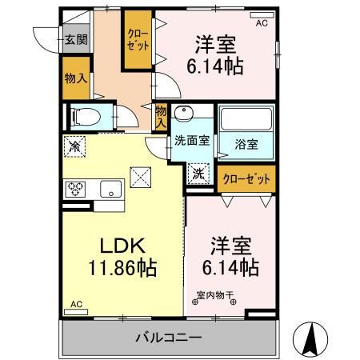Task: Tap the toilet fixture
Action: (85, 118)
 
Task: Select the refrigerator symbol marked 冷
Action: (74, 146)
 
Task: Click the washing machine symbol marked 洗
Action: (197, 170)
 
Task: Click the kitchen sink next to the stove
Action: (110, 190)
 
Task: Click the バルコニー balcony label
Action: (167, 338)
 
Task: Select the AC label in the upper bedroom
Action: (262, 23)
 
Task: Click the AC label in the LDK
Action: (77, 305)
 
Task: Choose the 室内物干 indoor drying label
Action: (215, 295)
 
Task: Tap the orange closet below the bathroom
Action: (246, 178)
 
